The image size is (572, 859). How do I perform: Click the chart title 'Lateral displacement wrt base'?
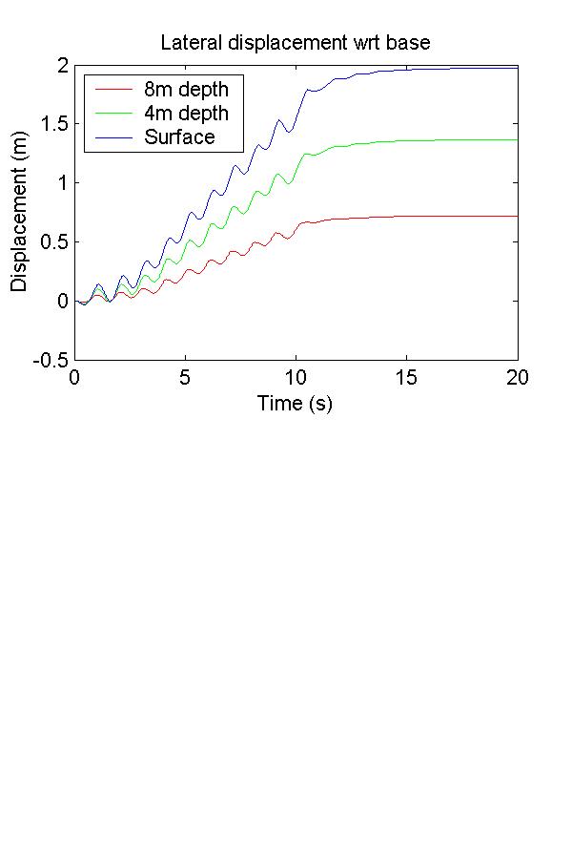(x=295, y=43)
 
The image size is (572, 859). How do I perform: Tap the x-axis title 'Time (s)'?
(x=295, y=404)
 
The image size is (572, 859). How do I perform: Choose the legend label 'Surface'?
(x=180, y=137)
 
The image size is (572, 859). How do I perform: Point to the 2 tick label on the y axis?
(x=62, y=65)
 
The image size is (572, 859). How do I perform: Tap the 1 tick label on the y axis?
(x=62, y=183)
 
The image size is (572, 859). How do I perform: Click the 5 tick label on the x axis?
(x=185, y=377)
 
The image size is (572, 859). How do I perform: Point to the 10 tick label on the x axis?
(x=296, y=377)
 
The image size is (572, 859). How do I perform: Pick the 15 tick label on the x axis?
(x=407, y=377)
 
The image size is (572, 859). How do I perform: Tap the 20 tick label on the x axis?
(x=518, y=377)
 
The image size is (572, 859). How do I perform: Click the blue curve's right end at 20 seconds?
(x=517, y=68)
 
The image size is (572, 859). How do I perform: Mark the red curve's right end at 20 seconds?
(x=517, y=216)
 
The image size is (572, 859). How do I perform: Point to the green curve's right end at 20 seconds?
(x=517, y=140)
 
